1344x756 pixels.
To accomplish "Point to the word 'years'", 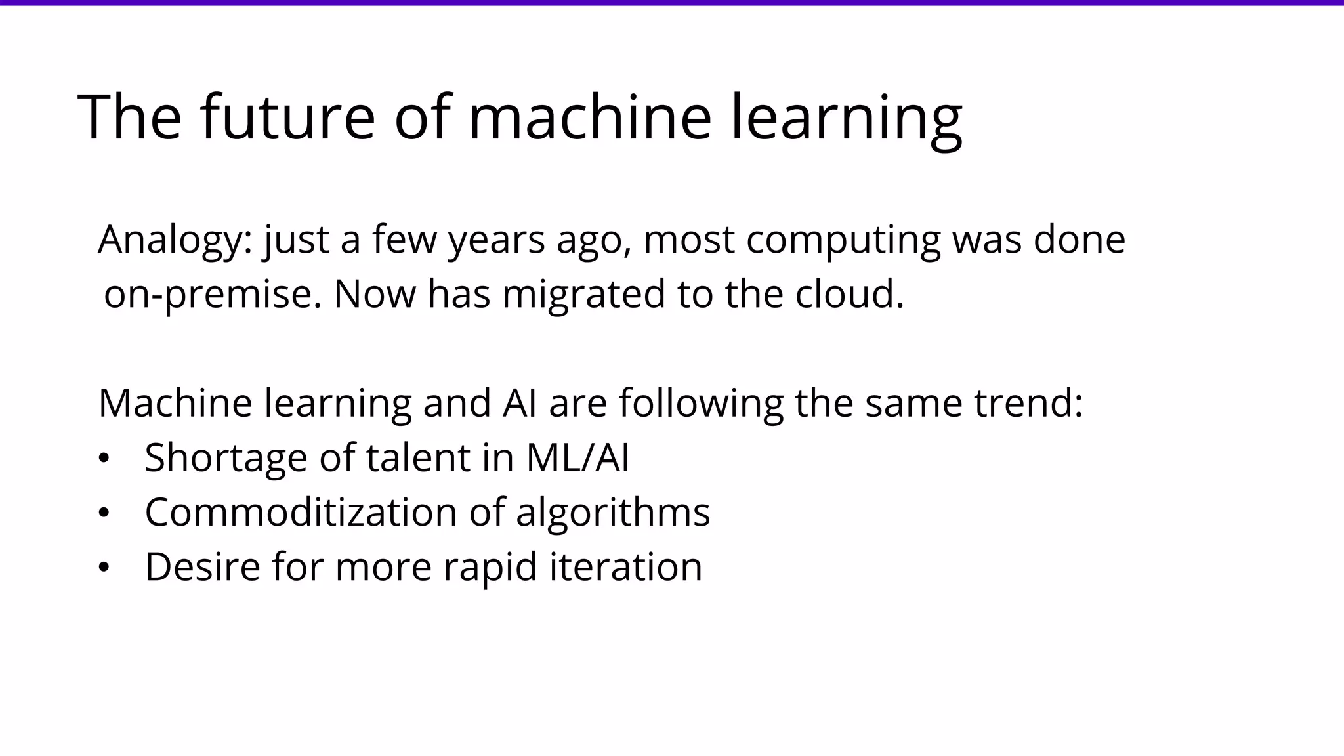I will [x=496, y=240].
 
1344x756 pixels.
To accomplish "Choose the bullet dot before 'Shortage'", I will [x=103, y=459].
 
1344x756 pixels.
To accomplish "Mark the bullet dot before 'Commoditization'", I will [x=103, y=513].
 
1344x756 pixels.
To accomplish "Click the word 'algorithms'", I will [x=613, y=512].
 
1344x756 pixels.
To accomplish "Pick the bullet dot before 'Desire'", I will [x=103, y=568].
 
